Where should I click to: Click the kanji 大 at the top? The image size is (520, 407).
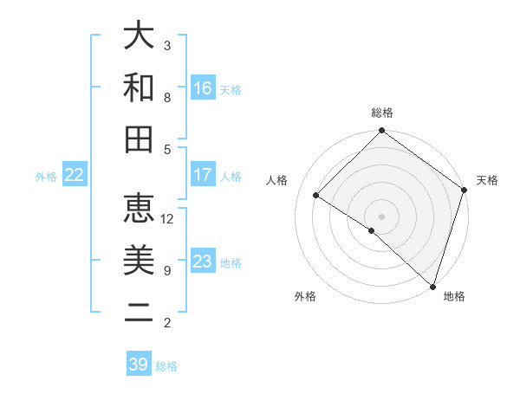coord(139,36)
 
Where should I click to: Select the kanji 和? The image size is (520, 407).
coord(139,87)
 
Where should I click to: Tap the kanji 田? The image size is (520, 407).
coord(139,139)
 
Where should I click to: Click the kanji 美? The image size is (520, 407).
coord(139,260)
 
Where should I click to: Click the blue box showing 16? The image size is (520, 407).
coord(203,88)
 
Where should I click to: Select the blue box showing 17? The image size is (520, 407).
coord(203,175)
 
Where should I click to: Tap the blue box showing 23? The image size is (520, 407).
coord(203,262)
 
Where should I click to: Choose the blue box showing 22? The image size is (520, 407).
coord(75,175)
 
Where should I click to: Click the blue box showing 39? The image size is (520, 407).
coord(139,365)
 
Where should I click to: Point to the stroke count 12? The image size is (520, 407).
coord(167,219)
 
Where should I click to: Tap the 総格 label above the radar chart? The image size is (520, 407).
coord(382,113)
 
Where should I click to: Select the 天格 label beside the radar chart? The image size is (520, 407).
coord(487,180)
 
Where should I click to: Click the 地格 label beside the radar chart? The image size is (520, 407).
coord(454,296)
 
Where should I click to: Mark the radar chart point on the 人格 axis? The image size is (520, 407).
coord(316,196)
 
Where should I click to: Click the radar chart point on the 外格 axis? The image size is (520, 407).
coord(372,230)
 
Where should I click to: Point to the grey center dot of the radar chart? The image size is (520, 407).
coord(382,216)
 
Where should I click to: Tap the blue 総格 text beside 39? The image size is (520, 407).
coord(166,366)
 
